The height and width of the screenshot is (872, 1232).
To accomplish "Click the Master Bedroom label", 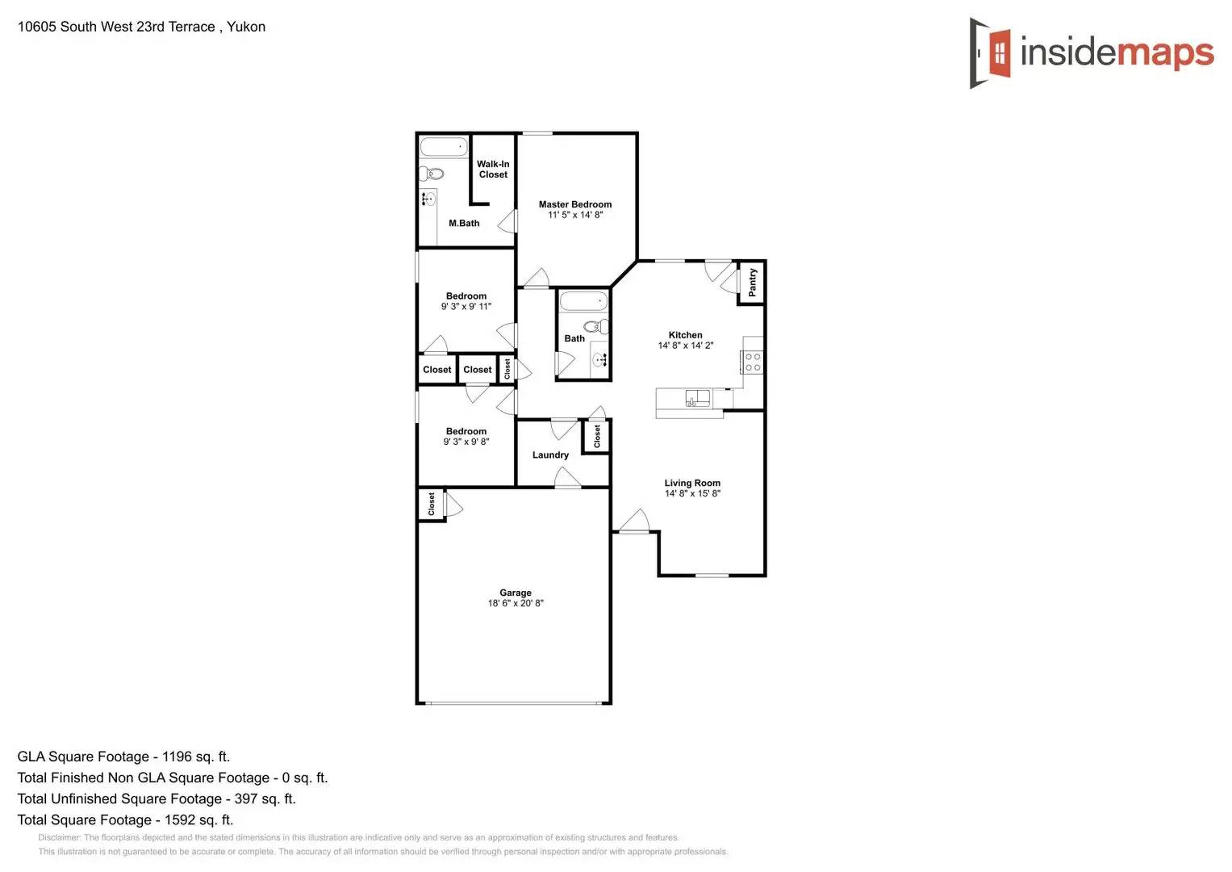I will coord(575,204).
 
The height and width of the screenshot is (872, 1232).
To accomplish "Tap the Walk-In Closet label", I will coord(493,169).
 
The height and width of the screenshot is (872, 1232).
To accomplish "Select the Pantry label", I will coord(752,282).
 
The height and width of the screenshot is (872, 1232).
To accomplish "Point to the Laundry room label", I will coord(550,455).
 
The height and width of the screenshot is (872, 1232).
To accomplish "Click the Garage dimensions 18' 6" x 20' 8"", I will coord(516,603).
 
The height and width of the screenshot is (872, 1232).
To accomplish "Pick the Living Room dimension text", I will coord(692,493).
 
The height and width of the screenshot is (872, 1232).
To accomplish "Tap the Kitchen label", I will coord(685,335).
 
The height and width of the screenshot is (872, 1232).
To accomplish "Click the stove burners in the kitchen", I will coord(753,362).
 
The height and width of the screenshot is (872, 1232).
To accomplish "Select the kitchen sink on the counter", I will coord(697,397).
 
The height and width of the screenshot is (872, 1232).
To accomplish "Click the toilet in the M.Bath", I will coord(432,173).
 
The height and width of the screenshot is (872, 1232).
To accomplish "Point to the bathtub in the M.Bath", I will coord(444,147).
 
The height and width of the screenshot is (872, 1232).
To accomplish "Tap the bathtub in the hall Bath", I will coord(583,302).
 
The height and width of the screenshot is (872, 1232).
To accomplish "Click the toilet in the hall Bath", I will coord(597,327).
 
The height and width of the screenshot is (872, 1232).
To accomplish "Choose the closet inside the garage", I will coord(432,505).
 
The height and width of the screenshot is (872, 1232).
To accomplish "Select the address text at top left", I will coord(141,27).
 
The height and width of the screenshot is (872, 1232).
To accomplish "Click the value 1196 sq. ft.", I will coord(196,757).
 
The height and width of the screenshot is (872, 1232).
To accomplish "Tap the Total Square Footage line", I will coord(125,820).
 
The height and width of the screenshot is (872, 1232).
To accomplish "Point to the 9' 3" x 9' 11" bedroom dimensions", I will coord(466,307).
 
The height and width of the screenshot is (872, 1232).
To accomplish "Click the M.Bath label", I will coord(464,224).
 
